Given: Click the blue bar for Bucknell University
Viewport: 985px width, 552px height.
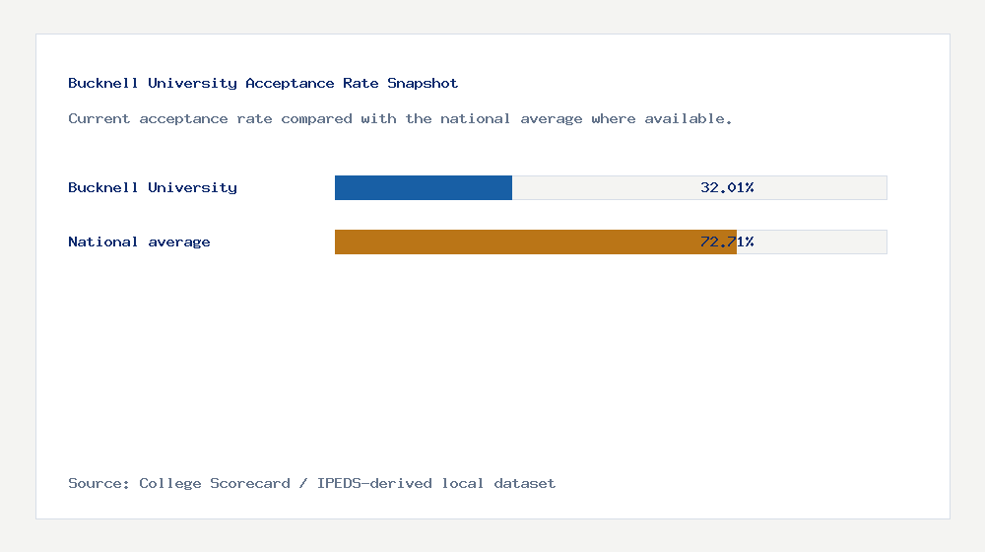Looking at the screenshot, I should [424, 187].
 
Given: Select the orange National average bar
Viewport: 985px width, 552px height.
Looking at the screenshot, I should [535, 241].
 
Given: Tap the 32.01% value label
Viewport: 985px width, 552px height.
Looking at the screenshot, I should [727, 187].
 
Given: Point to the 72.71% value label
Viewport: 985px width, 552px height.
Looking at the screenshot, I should [727, 241].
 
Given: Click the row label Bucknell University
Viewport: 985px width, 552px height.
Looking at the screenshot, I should [153, 187].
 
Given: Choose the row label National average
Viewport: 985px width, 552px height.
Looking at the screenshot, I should [139, 241].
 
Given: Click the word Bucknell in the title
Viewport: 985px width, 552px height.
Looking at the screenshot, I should [103, 84].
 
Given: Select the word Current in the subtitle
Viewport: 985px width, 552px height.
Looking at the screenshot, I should [98, 119].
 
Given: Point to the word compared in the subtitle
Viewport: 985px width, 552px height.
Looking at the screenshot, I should [316, 119].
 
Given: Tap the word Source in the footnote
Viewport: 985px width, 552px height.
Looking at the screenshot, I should [98, 484].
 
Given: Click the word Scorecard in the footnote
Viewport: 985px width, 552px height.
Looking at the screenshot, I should [250, 484].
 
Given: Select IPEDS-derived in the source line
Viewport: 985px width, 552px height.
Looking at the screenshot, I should [374, 484].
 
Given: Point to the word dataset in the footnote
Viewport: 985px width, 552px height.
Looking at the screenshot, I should [524, 484].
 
